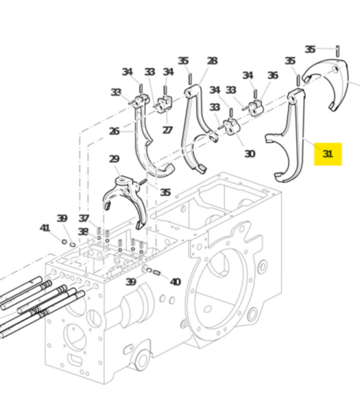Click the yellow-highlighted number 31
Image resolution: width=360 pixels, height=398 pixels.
328,154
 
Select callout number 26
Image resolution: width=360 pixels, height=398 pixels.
114,131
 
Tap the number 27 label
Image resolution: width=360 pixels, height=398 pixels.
167,130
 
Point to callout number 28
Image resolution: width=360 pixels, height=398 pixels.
211,61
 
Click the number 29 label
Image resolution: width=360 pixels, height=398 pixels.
114,159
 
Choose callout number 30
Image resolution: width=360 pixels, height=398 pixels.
249,154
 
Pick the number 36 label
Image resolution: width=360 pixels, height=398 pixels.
273,75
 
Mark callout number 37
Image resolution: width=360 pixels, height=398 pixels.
83,219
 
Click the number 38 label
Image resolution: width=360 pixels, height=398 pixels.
83,232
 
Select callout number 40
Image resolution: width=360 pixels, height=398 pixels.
175,282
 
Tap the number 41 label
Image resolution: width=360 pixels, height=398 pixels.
44,228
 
